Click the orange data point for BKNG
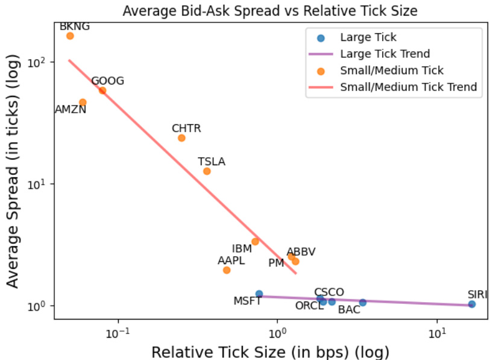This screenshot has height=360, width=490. tap(70, 36)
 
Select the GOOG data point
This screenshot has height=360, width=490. tap(102, 90)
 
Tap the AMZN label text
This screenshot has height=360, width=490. tap(71, 110)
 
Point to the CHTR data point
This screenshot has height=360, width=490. tap(181, 138)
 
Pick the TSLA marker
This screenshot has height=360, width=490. tap(207, 171)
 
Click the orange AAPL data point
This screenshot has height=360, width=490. tap(227, 270)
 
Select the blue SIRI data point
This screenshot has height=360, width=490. tap(472, 304)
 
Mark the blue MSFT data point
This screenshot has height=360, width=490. tap(259, 294)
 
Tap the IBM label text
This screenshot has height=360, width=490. tap(242, 249)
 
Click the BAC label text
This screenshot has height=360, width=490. tap(349, 310)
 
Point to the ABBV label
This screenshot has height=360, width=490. tap(301, 251)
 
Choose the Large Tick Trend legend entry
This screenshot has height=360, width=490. tap(385, 54)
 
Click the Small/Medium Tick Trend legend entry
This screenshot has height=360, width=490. tap(408, 87)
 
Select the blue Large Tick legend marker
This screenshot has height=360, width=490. tap(321, 38)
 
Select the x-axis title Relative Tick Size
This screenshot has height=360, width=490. tap(270, 352)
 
